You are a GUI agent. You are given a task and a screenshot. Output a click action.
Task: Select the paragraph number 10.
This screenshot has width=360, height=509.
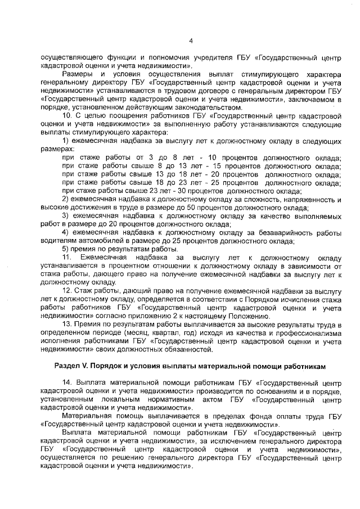pyautogui.click(x=67, y=116)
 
